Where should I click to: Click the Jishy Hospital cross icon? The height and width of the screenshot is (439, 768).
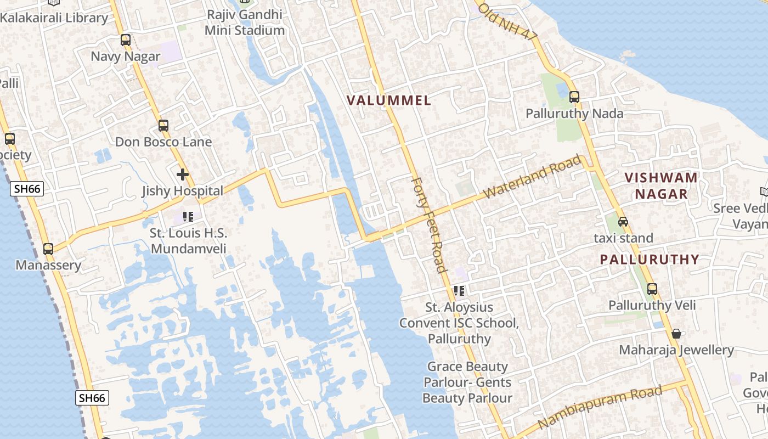click(183, 175)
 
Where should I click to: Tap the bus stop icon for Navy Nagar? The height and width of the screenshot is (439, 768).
click(126, 40)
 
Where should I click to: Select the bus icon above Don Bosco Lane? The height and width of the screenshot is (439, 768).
click(163, 126)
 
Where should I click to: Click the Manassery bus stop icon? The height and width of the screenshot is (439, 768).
click(48, 249)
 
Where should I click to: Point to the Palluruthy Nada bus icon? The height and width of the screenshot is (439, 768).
click(574, 97)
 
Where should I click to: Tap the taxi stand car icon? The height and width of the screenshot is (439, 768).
click(623, 222)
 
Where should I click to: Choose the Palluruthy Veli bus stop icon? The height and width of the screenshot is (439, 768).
click(652, 289)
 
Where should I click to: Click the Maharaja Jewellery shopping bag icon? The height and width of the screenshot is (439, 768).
click(676, 334)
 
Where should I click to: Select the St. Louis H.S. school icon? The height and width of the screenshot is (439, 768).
click(189, 217)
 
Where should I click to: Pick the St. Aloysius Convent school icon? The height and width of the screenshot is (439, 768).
click(459, 291)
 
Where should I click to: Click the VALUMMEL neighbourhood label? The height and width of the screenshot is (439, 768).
click(389, 100)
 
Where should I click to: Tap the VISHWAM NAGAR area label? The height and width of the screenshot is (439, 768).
click(661, 185)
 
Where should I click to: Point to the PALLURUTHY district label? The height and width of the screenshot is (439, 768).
click(650, 260)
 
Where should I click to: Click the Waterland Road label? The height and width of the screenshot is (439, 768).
click(533, 177)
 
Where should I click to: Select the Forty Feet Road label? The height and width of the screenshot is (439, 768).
click(428, 224)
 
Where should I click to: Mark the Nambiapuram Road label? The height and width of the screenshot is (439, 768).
click(600, 407)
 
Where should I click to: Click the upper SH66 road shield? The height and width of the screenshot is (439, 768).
click(27, 189)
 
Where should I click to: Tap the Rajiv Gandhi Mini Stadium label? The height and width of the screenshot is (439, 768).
click(245, 22)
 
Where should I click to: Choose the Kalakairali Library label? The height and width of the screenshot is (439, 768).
click(54, 18)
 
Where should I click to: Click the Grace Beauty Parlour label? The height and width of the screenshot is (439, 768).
click(467, 382)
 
